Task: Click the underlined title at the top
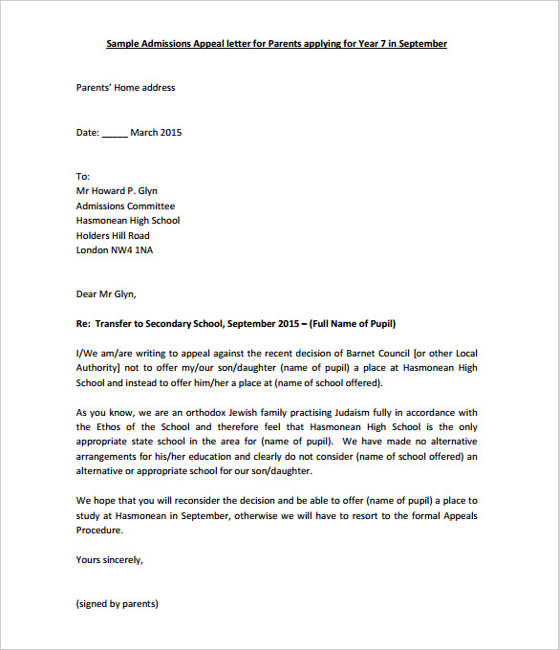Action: coord(276,44)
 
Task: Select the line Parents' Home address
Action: coord(125,88)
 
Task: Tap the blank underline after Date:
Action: coord(114,133)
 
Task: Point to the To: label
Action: coord(83,177)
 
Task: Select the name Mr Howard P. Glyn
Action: coord(117,191)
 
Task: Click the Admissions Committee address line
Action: coord(125,206)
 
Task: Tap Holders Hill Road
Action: coord(113,235)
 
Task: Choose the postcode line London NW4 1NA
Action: coord(114,250)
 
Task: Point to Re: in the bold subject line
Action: coord(83,324)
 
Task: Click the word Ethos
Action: coord(113,427)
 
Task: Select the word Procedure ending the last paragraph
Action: coord(100,531)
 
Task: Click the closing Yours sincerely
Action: coord(109,560)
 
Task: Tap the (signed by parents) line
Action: coord(117,604)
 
